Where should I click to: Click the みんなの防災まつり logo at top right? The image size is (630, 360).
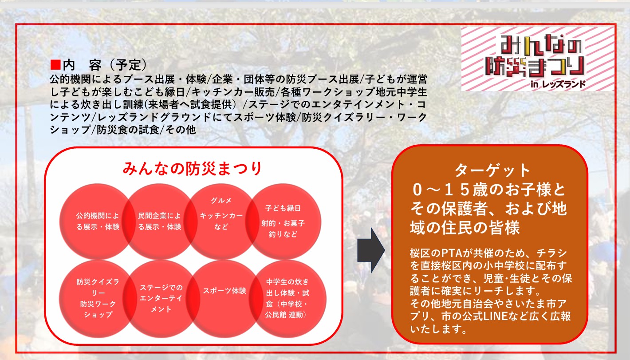pos(537,59)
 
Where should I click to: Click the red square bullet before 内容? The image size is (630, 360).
pos(55,65)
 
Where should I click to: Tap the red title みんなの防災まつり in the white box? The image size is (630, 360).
pos(193,168)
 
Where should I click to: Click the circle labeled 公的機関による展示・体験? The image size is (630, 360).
pos(98,221)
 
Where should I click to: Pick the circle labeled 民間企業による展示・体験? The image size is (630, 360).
pos(159,221)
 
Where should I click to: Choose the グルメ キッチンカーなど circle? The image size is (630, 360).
pos(221,221)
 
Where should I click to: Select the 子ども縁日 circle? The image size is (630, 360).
pos(283,221)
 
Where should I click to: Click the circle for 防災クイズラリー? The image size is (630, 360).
pos(98,298)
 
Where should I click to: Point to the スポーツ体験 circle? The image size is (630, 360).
pos(224,298)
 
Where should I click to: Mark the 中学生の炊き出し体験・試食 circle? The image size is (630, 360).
pos(287,298)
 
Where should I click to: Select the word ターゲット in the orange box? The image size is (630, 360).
pos(492,170)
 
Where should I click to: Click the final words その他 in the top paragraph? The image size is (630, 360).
pos(180,130)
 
